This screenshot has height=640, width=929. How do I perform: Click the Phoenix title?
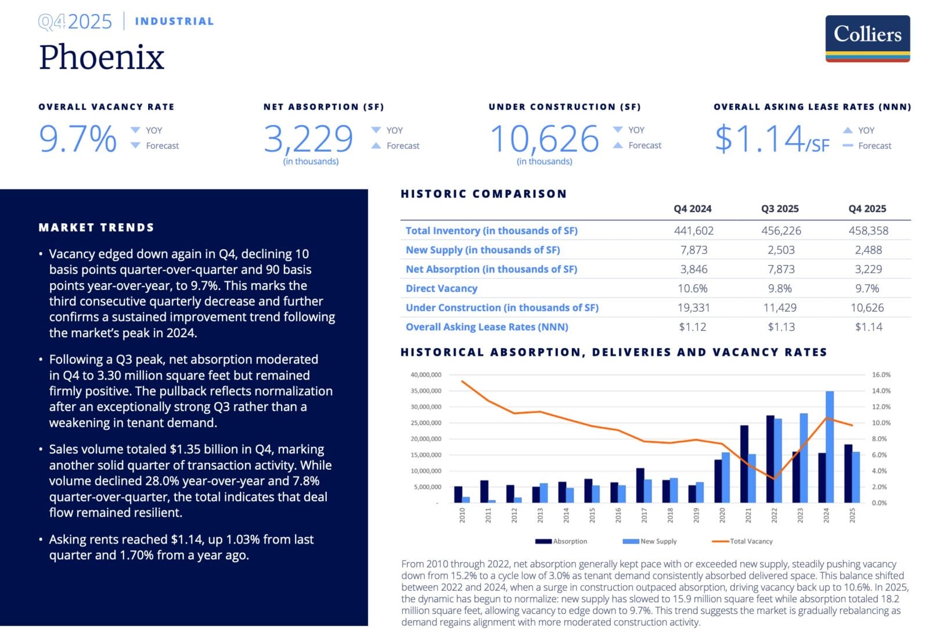pos(102,57)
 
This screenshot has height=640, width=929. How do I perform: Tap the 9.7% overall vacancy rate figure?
pos(78,139)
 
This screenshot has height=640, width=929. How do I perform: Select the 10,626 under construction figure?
pos(544,139)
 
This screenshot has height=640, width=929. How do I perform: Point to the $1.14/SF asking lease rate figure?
pos(772,139)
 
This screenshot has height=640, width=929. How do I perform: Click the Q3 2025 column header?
pos(780,209)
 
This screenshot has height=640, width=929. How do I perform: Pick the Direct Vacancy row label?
pos(441,288)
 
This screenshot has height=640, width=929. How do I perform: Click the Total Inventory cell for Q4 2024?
pos(693,231)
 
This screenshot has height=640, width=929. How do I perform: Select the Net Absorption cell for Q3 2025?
pos(781,269)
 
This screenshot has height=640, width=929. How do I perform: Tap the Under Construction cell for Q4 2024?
pos(693,308)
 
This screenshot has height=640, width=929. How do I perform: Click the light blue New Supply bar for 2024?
pos(830,446)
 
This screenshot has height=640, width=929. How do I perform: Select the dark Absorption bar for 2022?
pos(770,459)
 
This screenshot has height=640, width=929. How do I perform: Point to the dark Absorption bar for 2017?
pos(640,485)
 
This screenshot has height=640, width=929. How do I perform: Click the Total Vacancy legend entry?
pos(743,541)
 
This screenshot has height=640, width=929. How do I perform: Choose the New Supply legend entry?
pos(650,541)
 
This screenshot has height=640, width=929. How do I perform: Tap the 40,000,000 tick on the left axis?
pos(426,375)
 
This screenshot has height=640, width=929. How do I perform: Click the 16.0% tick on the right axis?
pos(881,375)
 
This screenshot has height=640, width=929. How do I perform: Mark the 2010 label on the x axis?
pos(462,515)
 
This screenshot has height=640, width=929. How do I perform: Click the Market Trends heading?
pos(96,227)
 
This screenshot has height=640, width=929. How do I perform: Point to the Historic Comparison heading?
pos(484,194)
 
